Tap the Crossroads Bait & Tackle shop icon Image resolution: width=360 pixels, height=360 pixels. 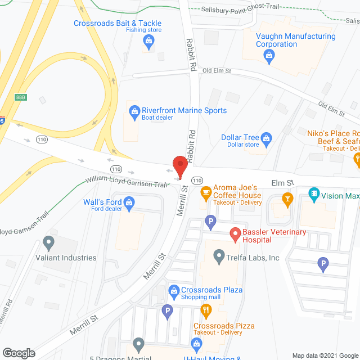point(148,39)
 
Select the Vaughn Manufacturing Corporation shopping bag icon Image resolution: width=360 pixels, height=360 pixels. point(269,55)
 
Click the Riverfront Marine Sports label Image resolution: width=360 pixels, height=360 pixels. point(184,111)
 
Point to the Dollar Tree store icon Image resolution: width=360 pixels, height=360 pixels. point(267,137)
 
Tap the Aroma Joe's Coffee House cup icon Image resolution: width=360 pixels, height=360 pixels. point(206,192)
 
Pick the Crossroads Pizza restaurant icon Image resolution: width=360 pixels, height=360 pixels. point(206,309)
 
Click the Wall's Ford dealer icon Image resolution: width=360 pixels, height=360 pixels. point(129,201)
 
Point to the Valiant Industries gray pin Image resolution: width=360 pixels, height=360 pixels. point(48,243)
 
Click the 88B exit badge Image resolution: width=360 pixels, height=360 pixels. point(21,97)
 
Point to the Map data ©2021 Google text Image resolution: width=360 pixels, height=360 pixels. point(324,355)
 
